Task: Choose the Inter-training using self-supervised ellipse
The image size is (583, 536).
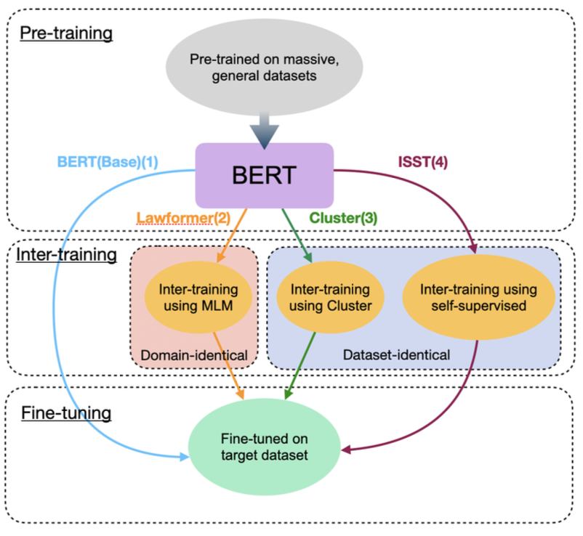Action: click(x=478, y=296)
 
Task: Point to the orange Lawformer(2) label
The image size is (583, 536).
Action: click(x=173, y=216)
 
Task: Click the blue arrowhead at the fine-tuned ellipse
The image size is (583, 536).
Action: click(x=185, y=456)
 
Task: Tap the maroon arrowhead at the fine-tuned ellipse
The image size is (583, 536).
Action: click(x=347, y=451)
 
